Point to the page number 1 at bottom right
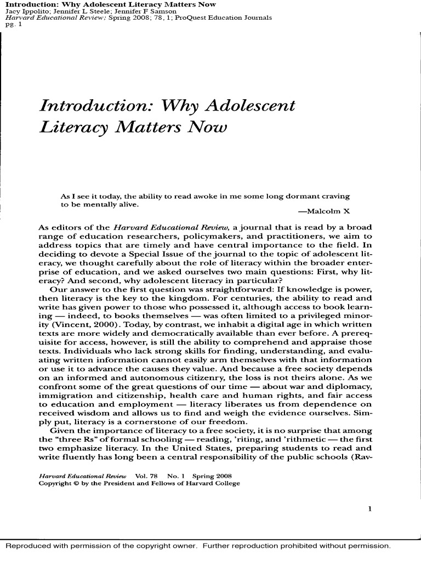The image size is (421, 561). point(370,508)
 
